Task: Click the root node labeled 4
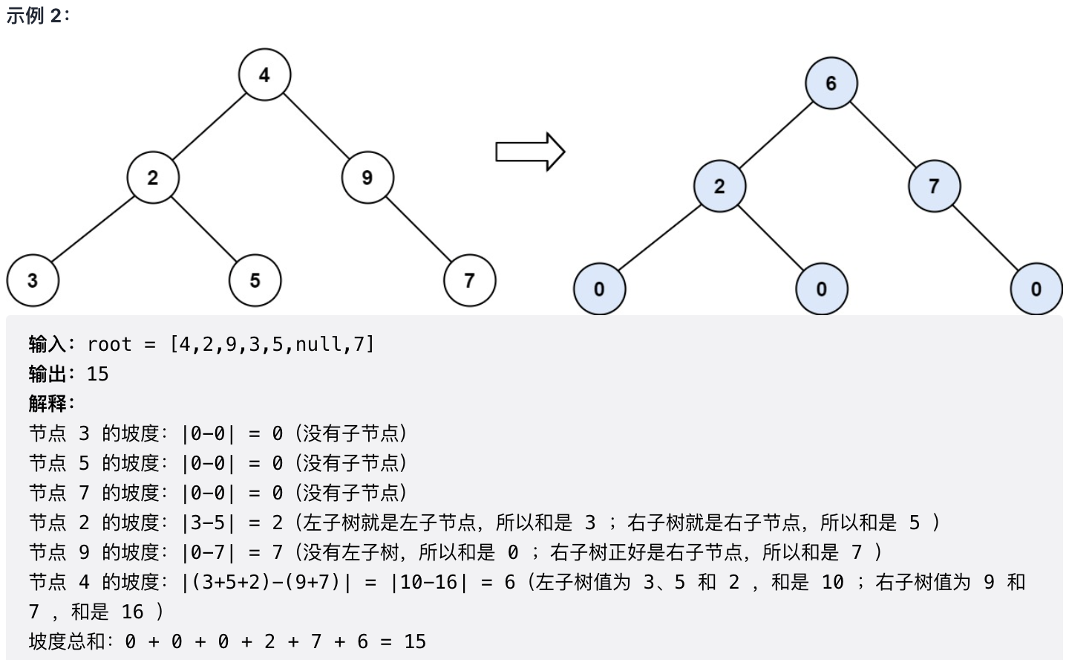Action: point(264,74)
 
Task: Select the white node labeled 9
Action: point(367,178)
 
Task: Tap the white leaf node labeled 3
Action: point(33,280)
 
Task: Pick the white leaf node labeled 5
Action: point(255,280)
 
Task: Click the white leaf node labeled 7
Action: point(469,280)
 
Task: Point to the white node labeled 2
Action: point(153,178)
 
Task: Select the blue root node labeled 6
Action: point(831,83)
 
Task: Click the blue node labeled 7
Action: point(934,186)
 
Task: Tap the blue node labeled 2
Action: point(719,186)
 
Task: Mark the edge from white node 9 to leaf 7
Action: point(419,229)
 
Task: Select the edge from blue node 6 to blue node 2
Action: point(776,135)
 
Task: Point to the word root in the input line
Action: point(109,344)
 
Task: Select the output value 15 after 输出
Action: point(97,374)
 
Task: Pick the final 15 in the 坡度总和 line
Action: point(415,641)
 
